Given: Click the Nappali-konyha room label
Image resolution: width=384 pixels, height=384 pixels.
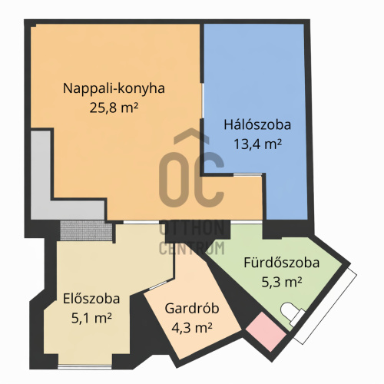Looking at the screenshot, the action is click(x=114, y=88).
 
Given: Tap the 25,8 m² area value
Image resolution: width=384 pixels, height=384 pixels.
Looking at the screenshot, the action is click(x=114, y=108).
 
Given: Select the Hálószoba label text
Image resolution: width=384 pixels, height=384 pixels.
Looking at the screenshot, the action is click(x=257, y=124).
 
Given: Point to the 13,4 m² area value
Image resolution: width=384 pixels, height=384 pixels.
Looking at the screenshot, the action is click(x=257, y=144).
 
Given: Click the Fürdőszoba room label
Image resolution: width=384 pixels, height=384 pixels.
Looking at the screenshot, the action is click(x=282, y=263).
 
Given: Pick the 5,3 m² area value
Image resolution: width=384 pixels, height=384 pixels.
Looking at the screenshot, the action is click(x=282, y=282).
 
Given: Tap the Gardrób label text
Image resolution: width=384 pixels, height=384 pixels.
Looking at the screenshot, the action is click(x=192, y=308).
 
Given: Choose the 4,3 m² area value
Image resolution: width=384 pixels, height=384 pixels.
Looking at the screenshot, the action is click(x=192, y=328).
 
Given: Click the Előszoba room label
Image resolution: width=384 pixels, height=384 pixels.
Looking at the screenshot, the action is click(x=91, y=299).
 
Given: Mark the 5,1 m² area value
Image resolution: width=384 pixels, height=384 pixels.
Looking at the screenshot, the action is click(x=91, y=318).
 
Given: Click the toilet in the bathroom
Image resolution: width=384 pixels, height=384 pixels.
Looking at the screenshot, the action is click(x=292, y=313).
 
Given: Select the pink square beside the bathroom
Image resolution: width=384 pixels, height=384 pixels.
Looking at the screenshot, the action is click(x=266, y=332).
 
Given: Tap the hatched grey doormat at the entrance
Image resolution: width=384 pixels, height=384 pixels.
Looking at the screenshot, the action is click(x=86, y=230).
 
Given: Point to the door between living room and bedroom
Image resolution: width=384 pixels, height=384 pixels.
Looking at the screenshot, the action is click(x=203, y=101).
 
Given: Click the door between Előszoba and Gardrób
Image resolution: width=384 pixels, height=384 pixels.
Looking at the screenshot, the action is click(x=157, y=285).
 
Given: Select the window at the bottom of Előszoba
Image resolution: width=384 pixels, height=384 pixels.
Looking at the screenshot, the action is click(x=84, y=367).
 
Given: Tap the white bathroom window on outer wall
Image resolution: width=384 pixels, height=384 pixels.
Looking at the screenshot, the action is click(x=325, y=306).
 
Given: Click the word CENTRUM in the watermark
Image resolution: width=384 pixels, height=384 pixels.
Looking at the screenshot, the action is click(x=192, y=248).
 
